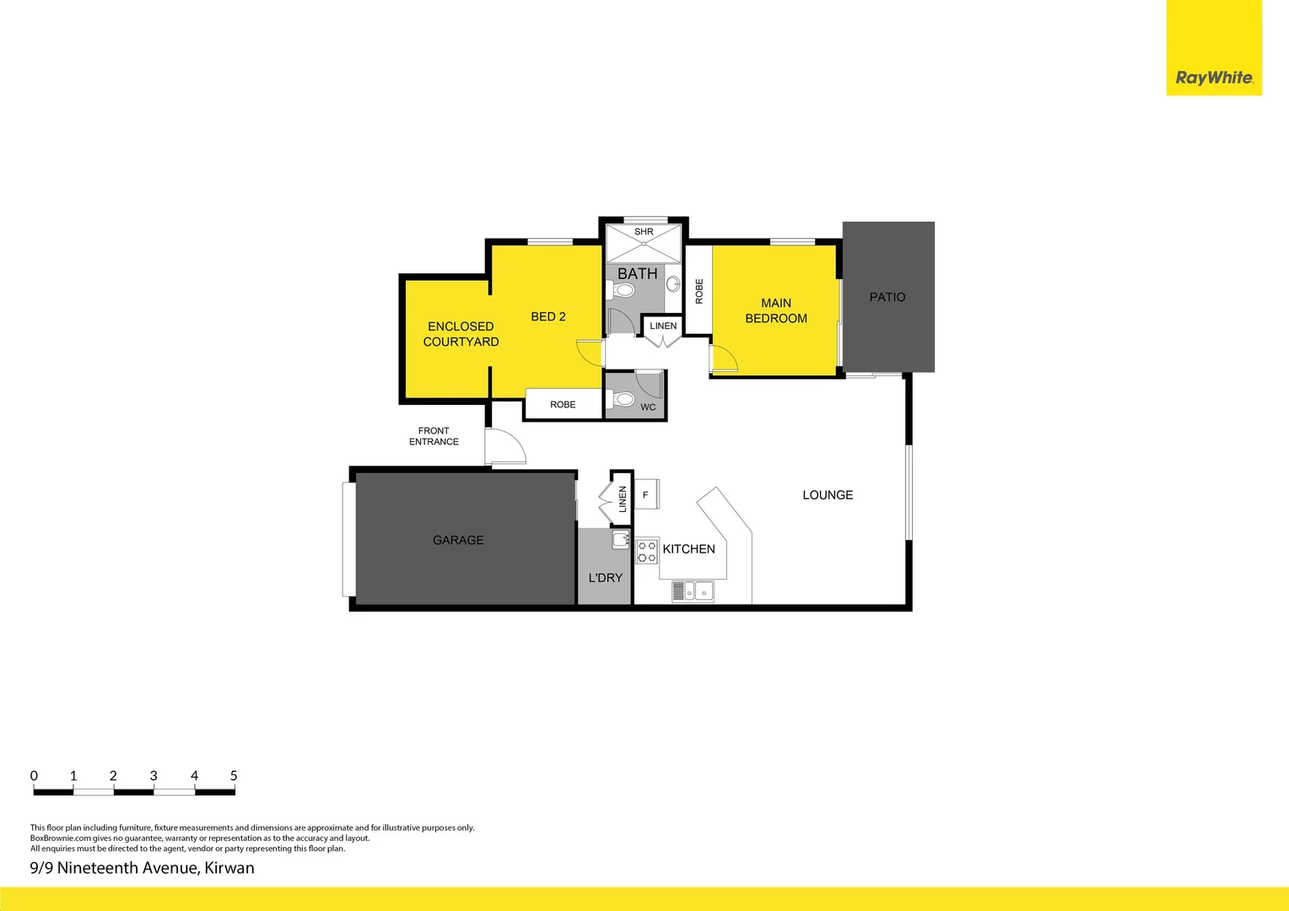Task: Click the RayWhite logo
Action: (x=1214, y=78)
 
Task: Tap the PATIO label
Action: (x=887, y=297)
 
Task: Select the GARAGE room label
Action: (x=458, y=540)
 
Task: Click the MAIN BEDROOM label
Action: (x=776, y=310)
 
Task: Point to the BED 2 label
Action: (x=548, y=316)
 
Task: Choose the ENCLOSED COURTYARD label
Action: (x=461, y=334)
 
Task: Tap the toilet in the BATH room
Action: (x=623, y=290)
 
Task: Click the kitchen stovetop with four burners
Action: (x=647, y=552)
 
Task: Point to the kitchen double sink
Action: (x=693, y=591)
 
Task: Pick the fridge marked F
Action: (x=646, y=494)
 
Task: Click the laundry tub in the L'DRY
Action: (x=621, y=540)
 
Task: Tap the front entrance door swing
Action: (x=504, y=447)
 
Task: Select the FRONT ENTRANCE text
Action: (x=434, y=436)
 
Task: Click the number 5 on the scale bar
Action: (x=234, y=775)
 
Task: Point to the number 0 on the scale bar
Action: (x=34, y=775)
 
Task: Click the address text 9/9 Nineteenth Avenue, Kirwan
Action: (x=142, y=868)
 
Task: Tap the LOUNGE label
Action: (x=828, y=495)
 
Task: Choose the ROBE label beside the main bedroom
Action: (x=698, y=291)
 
